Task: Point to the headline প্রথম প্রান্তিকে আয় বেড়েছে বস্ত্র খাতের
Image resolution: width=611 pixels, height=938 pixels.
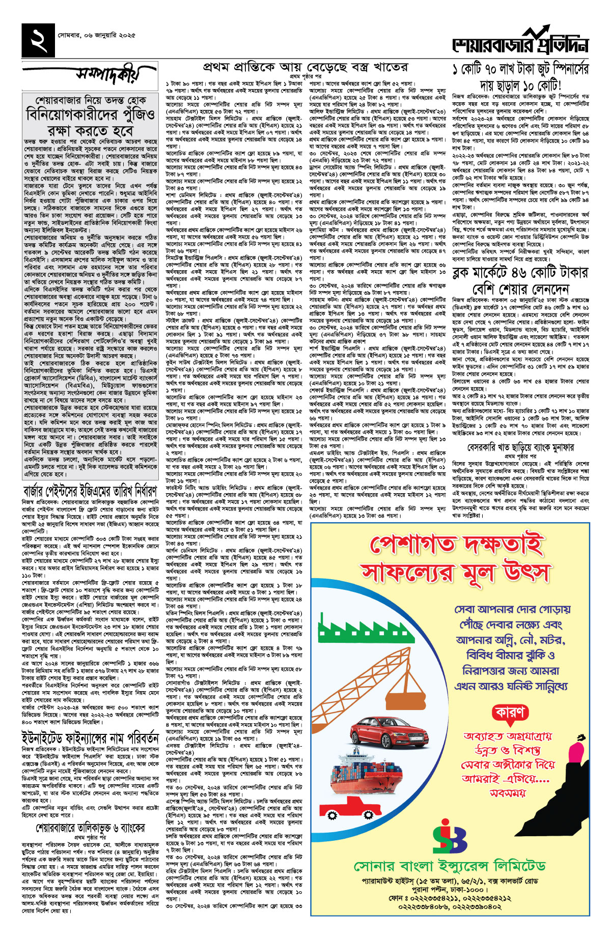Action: click(305, 67)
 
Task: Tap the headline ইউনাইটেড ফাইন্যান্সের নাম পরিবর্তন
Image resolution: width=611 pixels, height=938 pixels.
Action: click(90, 737)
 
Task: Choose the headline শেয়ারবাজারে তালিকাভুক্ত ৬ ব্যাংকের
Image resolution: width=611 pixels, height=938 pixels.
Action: click(90, 828)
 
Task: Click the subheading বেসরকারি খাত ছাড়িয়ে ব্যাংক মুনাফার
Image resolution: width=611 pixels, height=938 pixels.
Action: click(520, 447)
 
